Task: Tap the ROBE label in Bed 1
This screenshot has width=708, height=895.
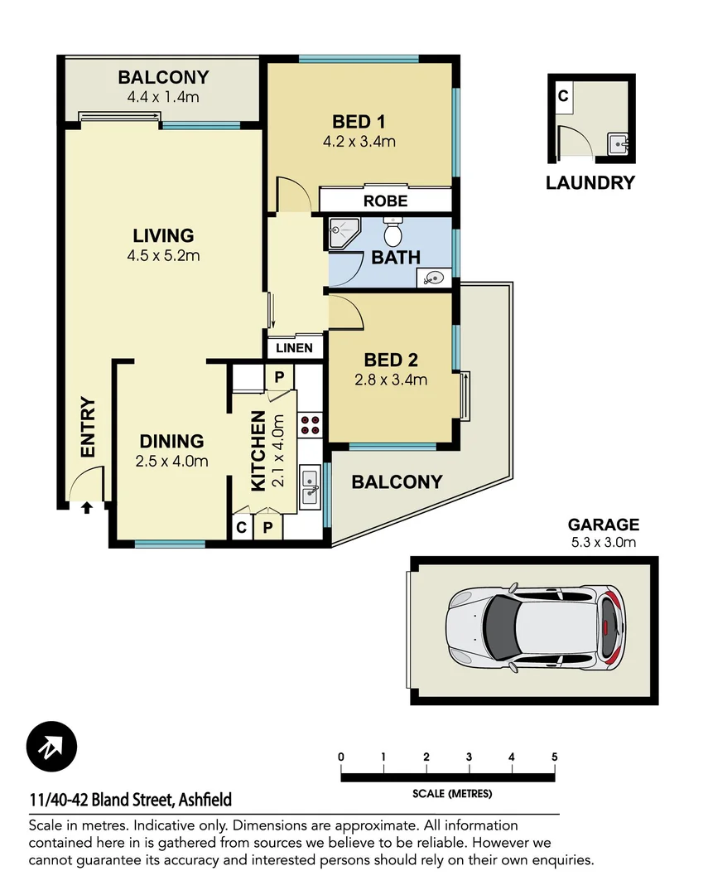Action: pos(385,201)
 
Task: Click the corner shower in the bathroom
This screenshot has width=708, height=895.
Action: pos(341,232)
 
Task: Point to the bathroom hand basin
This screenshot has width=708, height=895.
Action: pos(433,278)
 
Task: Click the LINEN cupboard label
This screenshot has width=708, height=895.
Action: pos(294,348)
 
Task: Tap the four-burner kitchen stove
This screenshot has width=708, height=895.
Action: pos(311,425)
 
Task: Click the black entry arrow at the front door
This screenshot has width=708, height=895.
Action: pos(86,509)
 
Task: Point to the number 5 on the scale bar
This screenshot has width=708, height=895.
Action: pos(554,757)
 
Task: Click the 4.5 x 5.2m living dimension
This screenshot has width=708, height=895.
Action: pos(163,255)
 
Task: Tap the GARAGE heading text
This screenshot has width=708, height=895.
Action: pos(603,525)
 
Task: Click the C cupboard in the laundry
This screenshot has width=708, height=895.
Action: pos(562,96)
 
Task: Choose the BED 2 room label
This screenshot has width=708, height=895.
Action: pos(390,360)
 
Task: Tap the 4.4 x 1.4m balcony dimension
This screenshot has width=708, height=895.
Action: pos(163,97)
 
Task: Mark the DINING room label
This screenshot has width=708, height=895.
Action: pos(171,441)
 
